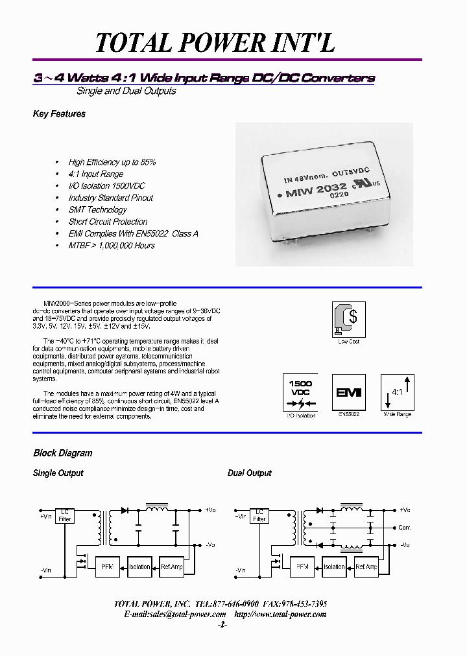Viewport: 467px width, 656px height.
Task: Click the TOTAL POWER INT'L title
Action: coord(215,43)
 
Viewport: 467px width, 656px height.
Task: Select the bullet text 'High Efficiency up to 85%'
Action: coord(112,162)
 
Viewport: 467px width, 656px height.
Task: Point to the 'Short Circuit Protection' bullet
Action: coord(108,222)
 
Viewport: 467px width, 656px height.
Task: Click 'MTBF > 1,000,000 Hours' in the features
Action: coord(112,246)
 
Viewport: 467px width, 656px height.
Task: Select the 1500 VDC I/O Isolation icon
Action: coord(300,393)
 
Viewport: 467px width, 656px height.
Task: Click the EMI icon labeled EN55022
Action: coord(348,392)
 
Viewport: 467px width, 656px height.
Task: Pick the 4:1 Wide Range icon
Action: coord(397,392)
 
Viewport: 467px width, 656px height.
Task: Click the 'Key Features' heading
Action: coord(59,114)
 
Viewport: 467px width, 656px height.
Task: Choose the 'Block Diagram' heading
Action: coord(62,453)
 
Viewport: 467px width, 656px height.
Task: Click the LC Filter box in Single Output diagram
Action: coord(65,515)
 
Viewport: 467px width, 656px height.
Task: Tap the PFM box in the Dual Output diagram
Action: coord(302,567)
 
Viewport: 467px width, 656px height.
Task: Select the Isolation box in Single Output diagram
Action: coord(139,567)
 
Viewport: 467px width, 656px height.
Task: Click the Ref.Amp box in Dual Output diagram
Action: coord(366,567)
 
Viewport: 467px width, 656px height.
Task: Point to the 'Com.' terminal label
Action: coord(405,528)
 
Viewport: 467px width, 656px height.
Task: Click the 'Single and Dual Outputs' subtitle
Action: coord(126,91)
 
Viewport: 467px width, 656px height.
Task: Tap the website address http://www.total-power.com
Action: coord(280,614)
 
